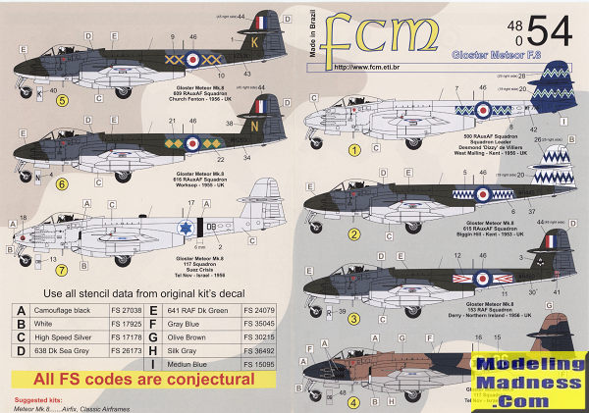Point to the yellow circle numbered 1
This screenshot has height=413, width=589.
328,150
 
